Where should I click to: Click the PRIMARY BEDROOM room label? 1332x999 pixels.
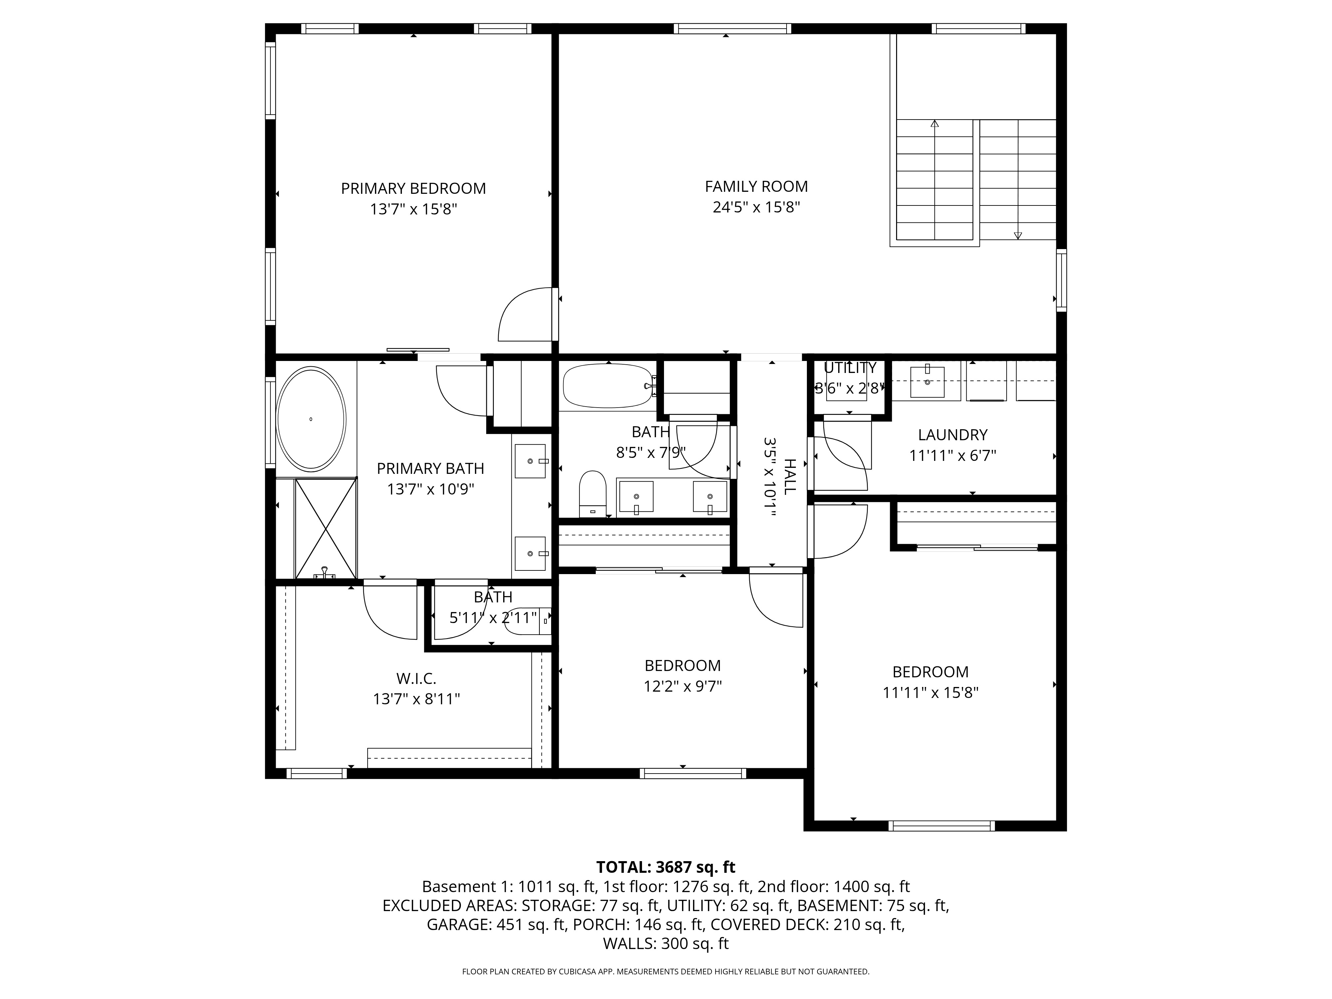pyautogui.click(x=413, y=188)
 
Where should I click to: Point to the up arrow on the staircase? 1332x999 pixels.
pyautogui.click(x=935, y=124)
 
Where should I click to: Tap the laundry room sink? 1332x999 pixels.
pyautogui.click(x=927, y=382)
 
